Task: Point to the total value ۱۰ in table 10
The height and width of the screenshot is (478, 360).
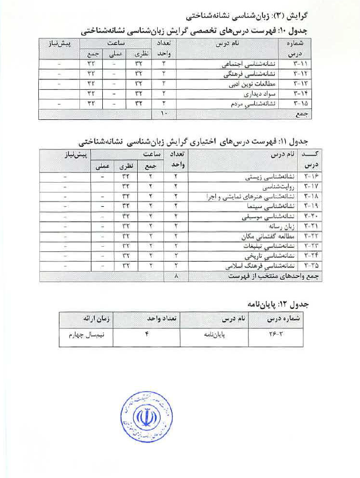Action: [163, 114]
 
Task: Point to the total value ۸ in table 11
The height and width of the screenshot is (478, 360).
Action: [176, 276]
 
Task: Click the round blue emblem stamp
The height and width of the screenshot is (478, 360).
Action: [146, 419]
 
